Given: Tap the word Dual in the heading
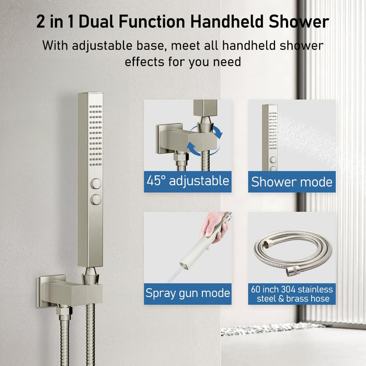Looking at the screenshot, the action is [96, 21].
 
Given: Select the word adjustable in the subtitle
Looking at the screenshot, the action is [102, 46].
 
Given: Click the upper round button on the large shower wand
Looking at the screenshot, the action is [96, 184].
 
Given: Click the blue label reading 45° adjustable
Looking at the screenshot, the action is [188, 181].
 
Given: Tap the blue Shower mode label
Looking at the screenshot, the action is [292, 181].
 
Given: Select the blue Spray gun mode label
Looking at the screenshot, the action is [188, 294].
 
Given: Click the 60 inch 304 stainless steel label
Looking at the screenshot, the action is [292, 294].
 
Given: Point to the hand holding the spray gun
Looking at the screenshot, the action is [214, 227].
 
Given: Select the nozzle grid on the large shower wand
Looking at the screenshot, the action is [96, 135].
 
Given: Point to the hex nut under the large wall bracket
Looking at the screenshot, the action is [64, 311].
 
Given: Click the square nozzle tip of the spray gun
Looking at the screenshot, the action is [184, 266].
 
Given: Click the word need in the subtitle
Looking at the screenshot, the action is [227, 62].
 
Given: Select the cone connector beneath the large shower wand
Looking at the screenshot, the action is [90, 276].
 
